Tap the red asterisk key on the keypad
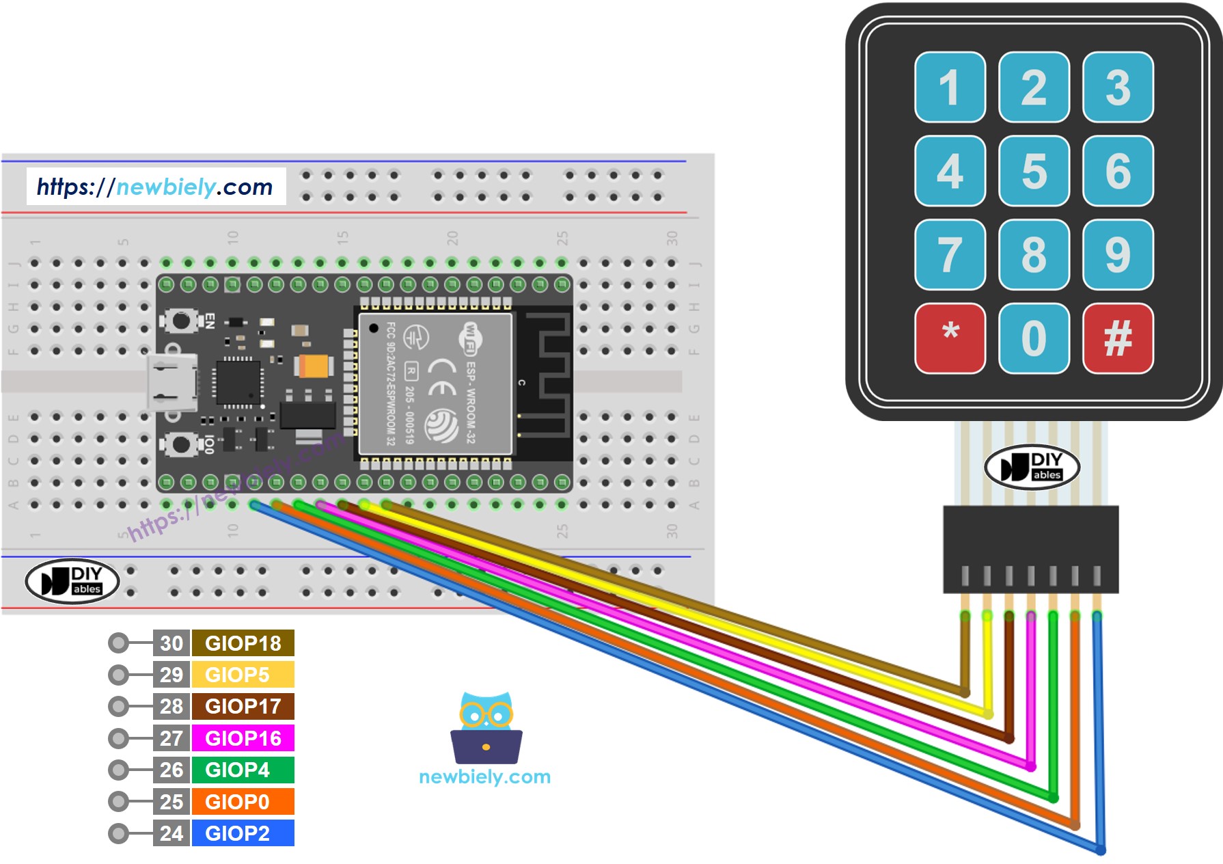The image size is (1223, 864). (950, 338)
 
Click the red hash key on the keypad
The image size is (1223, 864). (1118, 338)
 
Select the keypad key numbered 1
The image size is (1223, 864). (950, 87)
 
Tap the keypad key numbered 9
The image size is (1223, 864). (1118, 254)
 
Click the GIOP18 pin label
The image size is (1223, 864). (243, 643)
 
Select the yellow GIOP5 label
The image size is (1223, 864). (243, 675)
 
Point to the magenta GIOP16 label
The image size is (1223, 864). (243, 738)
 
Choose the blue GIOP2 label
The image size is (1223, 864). (243, 833)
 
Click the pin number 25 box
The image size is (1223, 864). (171, 802)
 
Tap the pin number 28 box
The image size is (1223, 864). (171, 706)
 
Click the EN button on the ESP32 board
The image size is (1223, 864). (181, 320)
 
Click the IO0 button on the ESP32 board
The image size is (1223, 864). (181, 444)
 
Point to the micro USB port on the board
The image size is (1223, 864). (169, 383)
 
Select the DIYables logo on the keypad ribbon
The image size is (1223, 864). (1032, 468)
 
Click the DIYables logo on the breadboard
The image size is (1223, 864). (72, 581)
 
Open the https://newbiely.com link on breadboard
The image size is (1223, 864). (155, 187)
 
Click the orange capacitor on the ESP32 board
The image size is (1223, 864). (315, 366)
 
